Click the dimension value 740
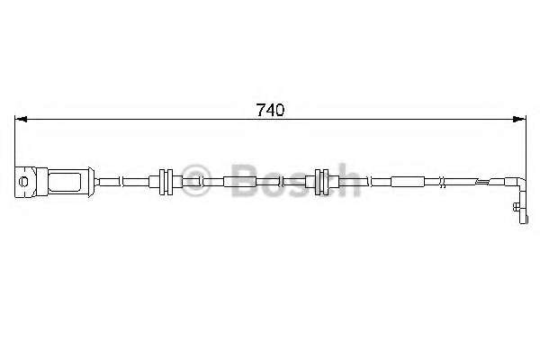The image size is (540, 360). click(270, 110)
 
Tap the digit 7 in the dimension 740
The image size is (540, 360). click(260, 110)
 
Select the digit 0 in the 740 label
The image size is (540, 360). click(280, 110)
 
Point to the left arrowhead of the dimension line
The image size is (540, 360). click(21, 119)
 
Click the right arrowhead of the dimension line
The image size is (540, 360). click(519, 119)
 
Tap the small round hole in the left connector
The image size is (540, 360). click(23, 182)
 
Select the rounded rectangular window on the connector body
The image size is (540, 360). click(65, 182)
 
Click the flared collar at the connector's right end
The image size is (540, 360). click(91, 182)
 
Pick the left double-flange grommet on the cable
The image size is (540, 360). click(166, 182)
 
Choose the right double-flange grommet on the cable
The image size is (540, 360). click(322, 182)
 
